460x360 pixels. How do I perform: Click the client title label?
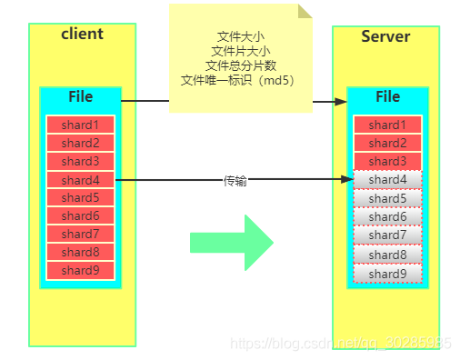click(x=82, y=35)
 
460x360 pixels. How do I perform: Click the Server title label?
click(x=385, y=36)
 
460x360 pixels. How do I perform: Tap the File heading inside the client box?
click(x=80, y=97)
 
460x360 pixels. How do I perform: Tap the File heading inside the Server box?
click(x=387, y=97)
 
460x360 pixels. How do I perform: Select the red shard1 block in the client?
click(x=80, y=125)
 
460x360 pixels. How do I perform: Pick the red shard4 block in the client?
click(x=80, y=180)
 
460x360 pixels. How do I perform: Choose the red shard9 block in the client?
click(x=80, y=270)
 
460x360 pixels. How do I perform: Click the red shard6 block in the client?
click(x=80, y=216)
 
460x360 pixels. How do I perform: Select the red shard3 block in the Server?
click(x=387, y=162)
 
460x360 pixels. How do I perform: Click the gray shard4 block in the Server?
click(x=387, y=180)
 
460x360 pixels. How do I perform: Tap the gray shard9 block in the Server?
click(x=387, y=274)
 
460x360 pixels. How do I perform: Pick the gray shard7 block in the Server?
click(x=387, y=235)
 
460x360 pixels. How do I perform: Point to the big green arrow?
click(x=231, y=242)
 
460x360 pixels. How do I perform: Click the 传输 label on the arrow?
click(x=235, y=181)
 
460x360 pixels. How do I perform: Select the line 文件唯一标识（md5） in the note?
click(x=241, y=79)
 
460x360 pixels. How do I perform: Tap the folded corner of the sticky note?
click(x=305, y=10)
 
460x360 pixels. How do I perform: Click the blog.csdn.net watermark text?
click(x=341, y=344)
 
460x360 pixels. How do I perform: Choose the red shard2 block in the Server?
click(x=387, y=144)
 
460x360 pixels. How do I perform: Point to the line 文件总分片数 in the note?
click(x=241, y=65)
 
